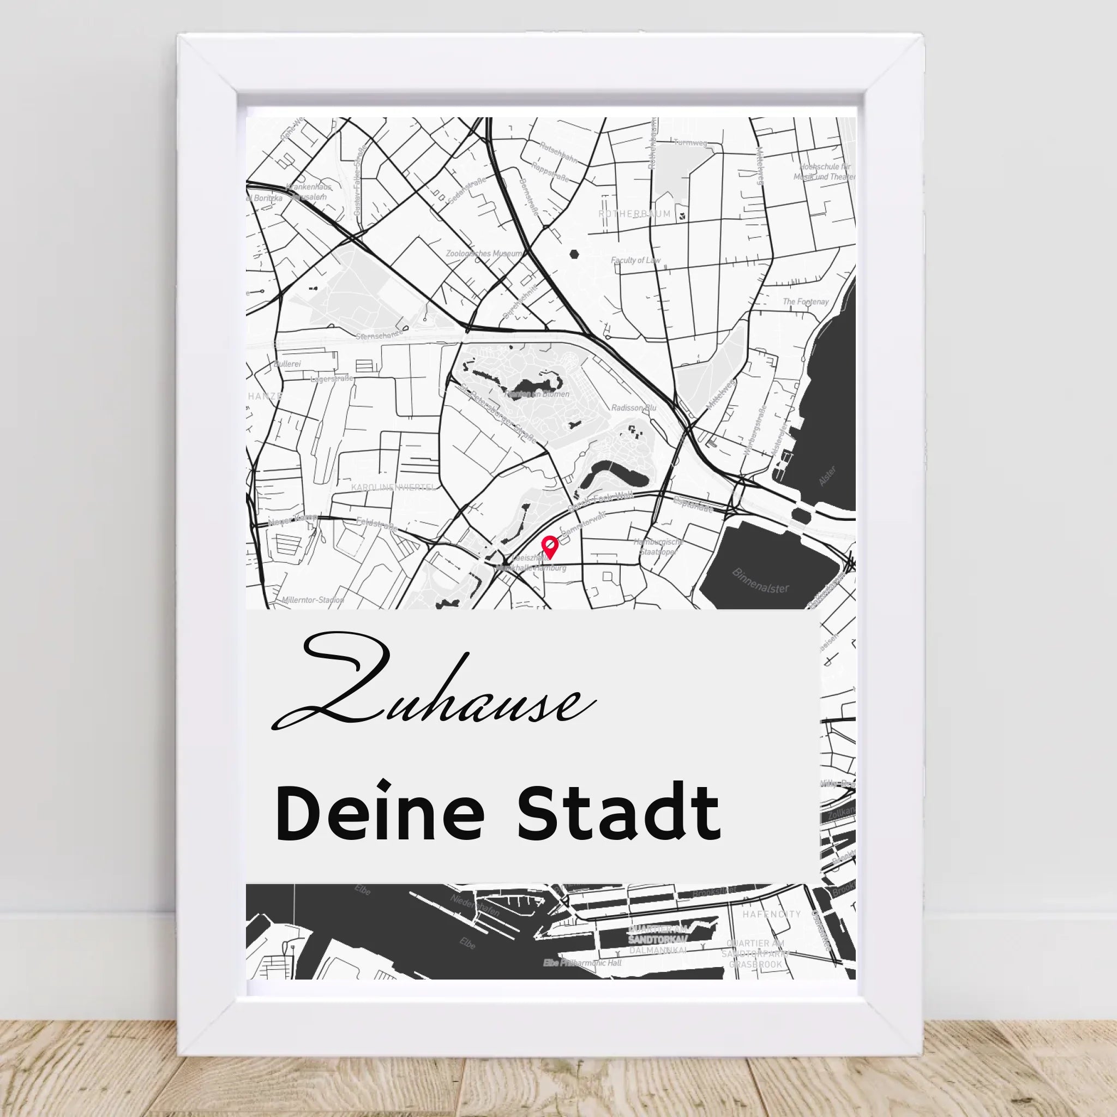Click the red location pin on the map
pyautogui.click(x=549, y=546)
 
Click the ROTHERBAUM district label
pyautogui.click(x=635, y=214)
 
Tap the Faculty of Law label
pyautogui.click(x=635, y=261)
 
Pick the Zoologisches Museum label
pyautogui.click(x=484, y=254)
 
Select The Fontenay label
pyautogui.click(x=806, y=302)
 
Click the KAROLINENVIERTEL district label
pyautogui.click(x=393, y=488)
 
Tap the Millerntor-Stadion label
pyautogui.click(x=313, y=600)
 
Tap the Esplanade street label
pyautogui.click(x=693, y=505)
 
